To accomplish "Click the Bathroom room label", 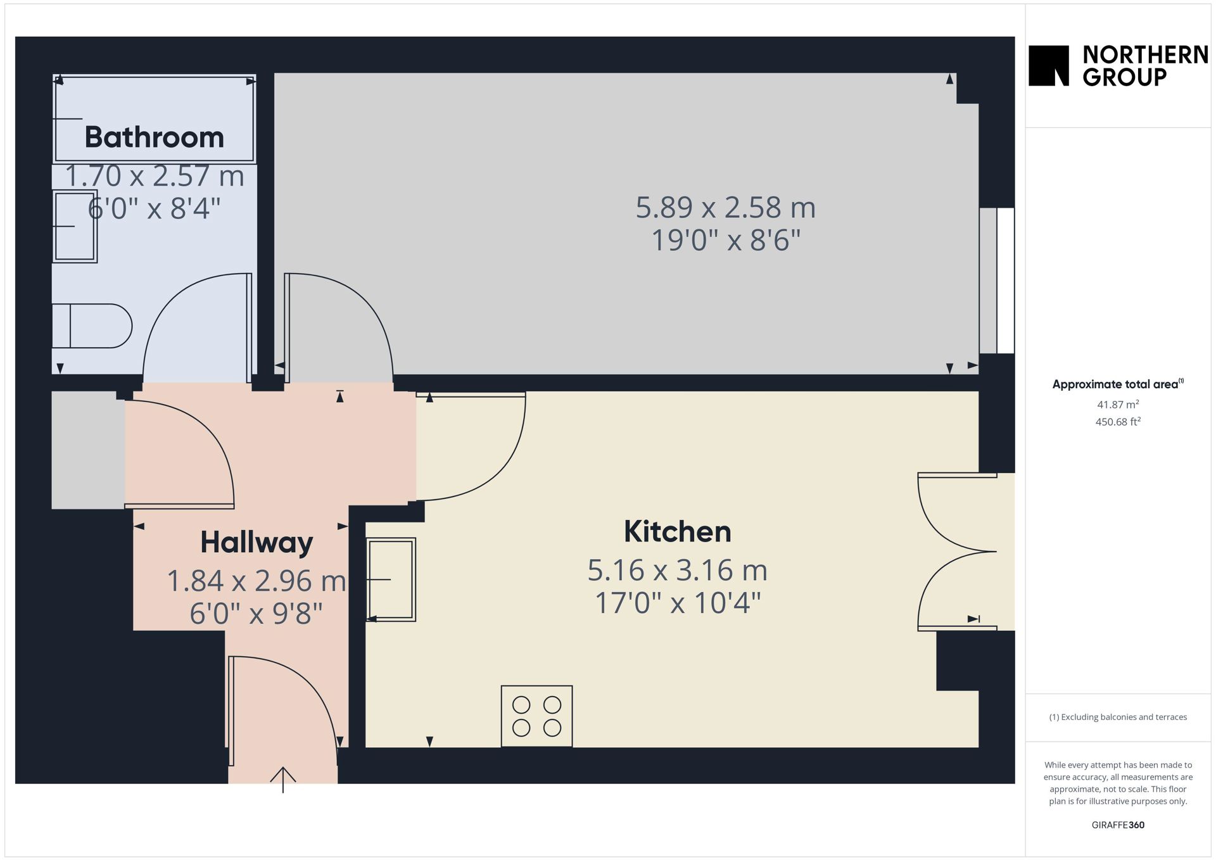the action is (x=155, y=137).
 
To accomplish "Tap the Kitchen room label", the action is (x=677, y=531).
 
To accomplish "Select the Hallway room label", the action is (x=256, y=543).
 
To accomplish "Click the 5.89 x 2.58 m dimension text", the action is (x=725, y=207).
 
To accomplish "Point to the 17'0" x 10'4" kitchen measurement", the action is (x=678, y=602).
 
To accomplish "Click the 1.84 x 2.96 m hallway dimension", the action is (x=256, y=581).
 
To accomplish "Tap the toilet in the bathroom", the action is (x=91, y=326).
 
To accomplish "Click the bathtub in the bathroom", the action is (x=155, y=119).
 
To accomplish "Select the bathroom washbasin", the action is (x=75, y=226).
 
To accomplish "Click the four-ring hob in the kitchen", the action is (x=536, y=716).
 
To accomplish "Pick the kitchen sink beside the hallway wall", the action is (x=391, y=579).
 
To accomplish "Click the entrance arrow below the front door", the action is (x=283, y=780).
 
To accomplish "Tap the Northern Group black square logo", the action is (x=1049, y=65).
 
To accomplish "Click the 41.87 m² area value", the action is (x=1118, y=404).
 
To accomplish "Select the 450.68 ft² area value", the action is (x=1118, y=421).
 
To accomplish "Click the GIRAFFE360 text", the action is (x=1118, y=825).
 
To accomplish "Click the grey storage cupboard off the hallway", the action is (x=88, y=450).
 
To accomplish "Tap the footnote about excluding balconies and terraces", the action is (x=1118, y=717).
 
